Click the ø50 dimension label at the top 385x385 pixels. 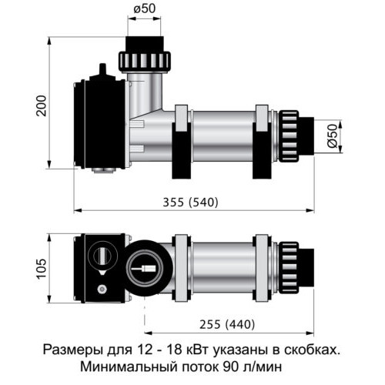145,9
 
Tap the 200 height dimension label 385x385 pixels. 42,105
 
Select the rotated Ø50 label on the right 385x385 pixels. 332,136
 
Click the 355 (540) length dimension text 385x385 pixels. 191,203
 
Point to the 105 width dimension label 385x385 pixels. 42,269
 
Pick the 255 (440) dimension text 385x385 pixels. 227,324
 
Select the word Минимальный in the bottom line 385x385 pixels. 129,367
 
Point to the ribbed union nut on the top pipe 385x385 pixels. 145,61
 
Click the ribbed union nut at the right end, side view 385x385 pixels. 289,136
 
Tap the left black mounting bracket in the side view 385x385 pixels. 181,151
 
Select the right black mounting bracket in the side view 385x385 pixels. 262,151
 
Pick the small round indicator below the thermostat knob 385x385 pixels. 102,290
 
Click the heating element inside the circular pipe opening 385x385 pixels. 144,269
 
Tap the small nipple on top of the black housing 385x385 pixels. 102,69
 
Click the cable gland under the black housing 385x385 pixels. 103,170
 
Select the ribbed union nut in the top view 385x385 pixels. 289,268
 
